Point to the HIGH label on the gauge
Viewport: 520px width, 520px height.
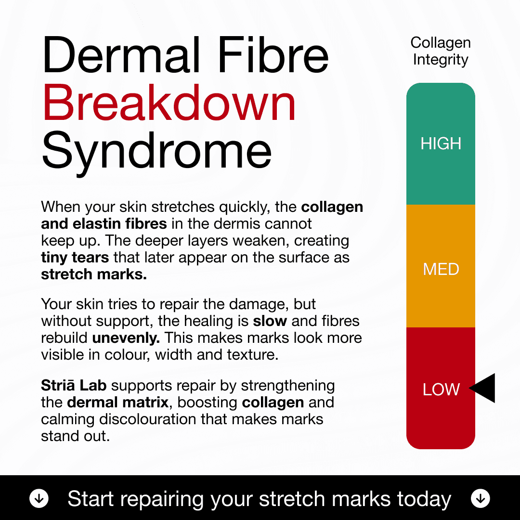point(441,143)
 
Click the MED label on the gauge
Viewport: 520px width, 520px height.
point(441,269)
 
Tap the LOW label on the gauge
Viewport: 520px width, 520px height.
point(441,390)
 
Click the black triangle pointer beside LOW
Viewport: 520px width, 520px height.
point(483,388)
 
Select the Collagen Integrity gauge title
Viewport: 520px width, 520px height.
point(441,51)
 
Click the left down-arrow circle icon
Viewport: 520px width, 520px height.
point(39,499)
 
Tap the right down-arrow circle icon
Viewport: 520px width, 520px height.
point(480,499)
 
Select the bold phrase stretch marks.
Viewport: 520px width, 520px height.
point(94,274)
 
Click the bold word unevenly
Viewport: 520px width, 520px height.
point(126,338)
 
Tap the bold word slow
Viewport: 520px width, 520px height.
point(270,321)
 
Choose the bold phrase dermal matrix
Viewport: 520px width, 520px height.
point(118,402)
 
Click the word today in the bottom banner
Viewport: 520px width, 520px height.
point(424,499)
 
